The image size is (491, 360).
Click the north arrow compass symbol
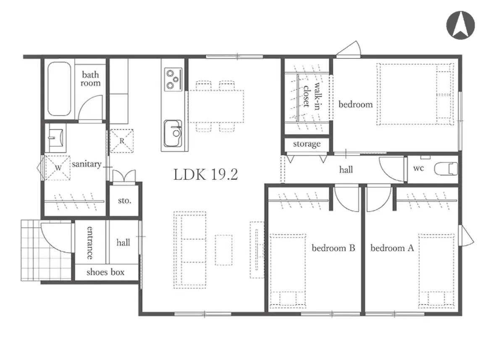[460, 25]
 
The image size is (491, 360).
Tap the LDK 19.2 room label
[206, 175]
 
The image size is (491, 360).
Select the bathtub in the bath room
[59, 89]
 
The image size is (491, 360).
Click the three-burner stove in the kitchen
[173, 79]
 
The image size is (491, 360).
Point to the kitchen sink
[173, 133]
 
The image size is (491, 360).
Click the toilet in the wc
[446, 169]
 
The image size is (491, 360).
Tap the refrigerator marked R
[121, 141]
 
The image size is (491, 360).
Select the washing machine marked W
[58, 168]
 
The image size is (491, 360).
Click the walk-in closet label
[312, 95]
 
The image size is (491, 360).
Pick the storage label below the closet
[307, 144]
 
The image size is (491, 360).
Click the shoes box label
[105, 272]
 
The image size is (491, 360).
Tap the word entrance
[90, 243]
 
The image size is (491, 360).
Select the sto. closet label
[124, 201]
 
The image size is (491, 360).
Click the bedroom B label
[333, 248]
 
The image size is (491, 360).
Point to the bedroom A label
[392, 248]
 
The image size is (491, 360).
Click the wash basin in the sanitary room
[56, 137]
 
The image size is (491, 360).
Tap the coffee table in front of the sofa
[223, 250]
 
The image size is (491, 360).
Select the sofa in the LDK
[190, 250]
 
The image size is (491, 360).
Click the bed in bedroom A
[436, 271]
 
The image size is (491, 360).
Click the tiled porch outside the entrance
[46, 250]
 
